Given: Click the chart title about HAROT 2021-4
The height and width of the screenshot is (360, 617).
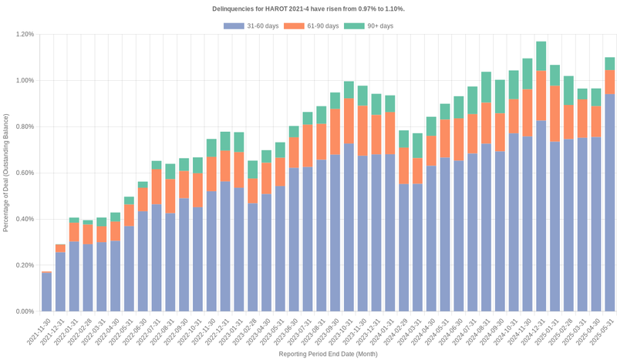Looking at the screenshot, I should (308, 8).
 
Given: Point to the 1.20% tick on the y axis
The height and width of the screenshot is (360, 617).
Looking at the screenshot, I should (24, 34).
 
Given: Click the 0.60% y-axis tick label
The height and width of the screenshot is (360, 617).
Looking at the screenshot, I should (24, 173).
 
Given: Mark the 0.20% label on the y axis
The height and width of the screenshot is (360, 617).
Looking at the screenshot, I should (24, 265).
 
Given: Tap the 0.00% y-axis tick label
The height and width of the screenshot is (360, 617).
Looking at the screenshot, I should (24, 311).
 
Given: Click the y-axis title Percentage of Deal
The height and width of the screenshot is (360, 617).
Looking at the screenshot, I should (6, 173).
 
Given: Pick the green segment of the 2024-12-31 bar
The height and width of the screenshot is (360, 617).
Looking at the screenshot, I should (541, 56).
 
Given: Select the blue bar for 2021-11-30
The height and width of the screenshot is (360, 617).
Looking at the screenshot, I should (47, 292).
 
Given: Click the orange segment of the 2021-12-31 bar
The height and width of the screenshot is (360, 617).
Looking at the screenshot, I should (61, 248).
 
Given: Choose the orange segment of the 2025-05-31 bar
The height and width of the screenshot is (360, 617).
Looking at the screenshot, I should (609, 82).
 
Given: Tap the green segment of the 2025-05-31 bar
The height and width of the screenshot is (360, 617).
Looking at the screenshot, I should (609, 63).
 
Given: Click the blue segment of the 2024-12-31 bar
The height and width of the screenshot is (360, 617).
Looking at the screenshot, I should (541, 216).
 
